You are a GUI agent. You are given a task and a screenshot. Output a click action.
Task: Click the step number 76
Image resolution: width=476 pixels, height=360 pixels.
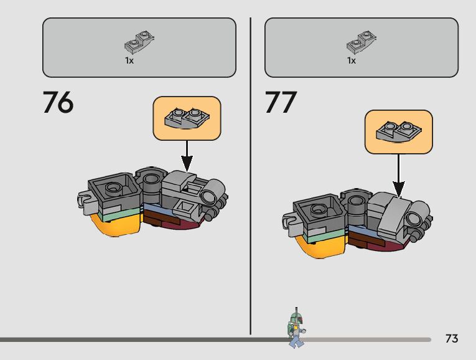pyautogui.click(x=58, y=103)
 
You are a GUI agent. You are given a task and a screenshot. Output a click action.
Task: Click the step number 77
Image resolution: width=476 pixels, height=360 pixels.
pyautogui.click(x=281, y=103)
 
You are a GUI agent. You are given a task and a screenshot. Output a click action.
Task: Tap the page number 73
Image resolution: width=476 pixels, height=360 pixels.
pyautogui.click(x=452, y=339)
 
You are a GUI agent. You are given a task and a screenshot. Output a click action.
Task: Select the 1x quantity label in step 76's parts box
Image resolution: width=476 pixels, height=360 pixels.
pyautogui.click(x=129, y=61)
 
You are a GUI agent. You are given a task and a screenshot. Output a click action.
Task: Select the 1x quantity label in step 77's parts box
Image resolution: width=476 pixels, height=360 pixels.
pyautogui.click(x=352, y=61)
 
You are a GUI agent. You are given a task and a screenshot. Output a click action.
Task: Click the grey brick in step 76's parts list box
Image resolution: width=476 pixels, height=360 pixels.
pyautogui.click(x=139, y=42)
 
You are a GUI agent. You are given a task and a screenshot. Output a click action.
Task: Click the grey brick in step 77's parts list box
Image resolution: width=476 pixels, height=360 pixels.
pyautogui.click(x=362, y=42)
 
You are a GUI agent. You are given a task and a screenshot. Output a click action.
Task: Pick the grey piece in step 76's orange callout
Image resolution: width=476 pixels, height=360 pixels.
pyautogui.click(x=187, y=118)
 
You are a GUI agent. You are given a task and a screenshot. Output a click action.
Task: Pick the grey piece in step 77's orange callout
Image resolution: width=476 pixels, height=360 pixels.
pyautogui.click(x=398, y=131)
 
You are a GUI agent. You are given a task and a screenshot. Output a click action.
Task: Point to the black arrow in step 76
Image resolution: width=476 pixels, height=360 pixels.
pyautogui.click(x=187, y=156)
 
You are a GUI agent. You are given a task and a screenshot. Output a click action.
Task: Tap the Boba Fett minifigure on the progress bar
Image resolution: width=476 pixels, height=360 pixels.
pyautogui.click(x=297, y=328)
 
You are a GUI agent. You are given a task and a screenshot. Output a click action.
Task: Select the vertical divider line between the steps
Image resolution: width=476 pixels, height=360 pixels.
pyautogui.click(x=251, y=174)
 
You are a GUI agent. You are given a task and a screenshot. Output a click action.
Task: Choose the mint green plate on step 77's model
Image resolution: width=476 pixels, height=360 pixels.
pyautogui.click(x=324, y=235)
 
